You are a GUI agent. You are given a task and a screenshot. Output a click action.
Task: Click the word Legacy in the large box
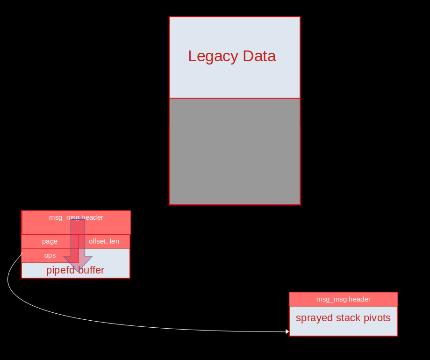click(x=213, y=57)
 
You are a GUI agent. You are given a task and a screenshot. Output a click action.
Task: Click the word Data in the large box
click(x=259, y=56)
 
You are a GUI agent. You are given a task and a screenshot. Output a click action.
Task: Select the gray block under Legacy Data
click(x=235, y=151)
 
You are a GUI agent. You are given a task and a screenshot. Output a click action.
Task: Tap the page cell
click(x=50, y=241)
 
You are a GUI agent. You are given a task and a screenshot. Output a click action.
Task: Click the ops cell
click(x=50, y=255)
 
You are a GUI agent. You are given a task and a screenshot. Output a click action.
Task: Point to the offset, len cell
click(x=104, y=241)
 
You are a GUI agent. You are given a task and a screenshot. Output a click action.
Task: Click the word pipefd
click(x=61, y=270)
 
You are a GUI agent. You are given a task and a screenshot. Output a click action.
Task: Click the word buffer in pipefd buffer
click(x=91, y=270)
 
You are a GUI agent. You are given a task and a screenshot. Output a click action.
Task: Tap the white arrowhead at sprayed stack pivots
click(x=287, y=332)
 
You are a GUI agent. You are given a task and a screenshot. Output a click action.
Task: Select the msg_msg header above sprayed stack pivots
click(x=344, y=299)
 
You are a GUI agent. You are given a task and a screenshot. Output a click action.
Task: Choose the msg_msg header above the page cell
click(x=76, y=223)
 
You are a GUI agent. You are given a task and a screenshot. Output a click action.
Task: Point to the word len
click(x=115, y=241)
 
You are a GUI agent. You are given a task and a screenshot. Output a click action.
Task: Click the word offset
click(x=98, y=241)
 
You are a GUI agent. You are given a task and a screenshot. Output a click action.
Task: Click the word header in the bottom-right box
click(x=359, y=299)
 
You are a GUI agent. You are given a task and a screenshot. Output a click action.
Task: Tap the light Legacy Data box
click(x=235, y=58)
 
